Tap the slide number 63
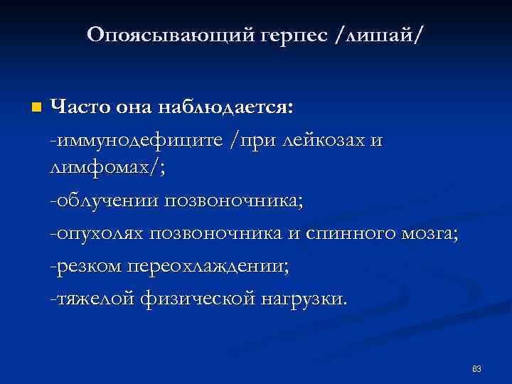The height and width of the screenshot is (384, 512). pos(476,369)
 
